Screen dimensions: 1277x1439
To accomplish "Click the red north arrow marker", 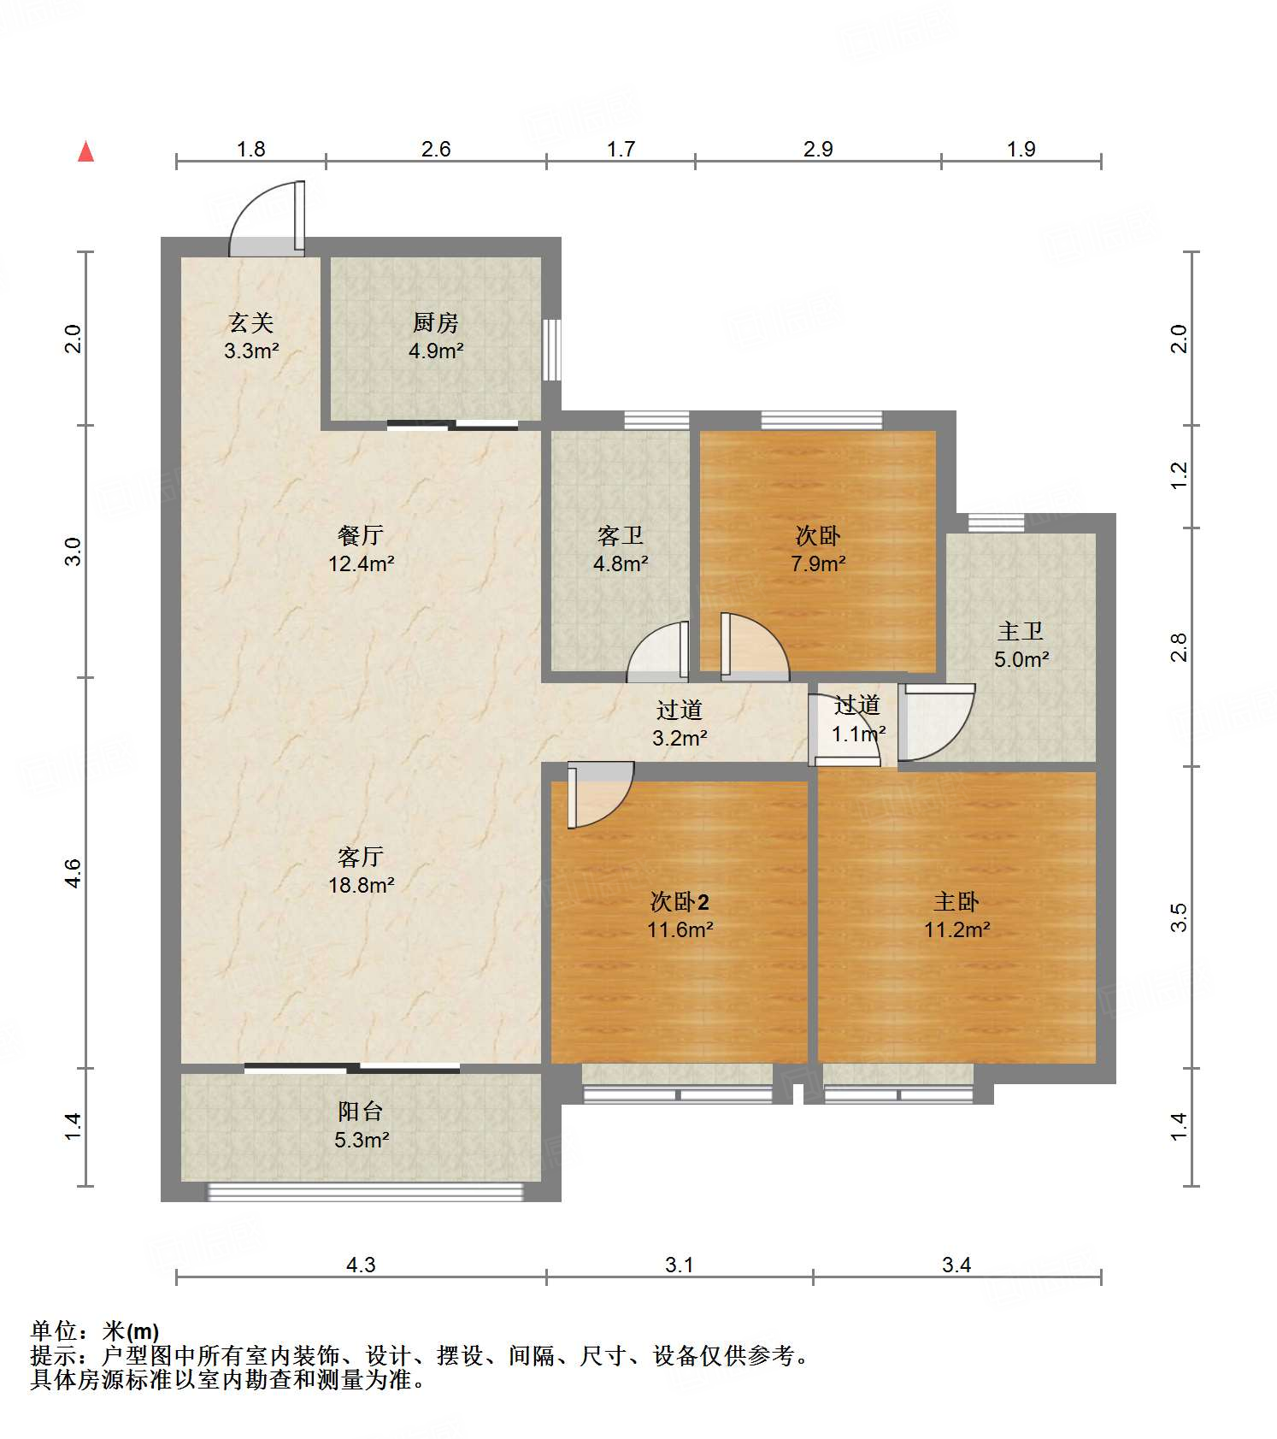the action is pyautogui.click(x=85, y=151).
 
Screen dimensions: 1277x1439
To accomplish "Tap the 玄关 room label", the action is pyautogui.click(x=251, y=322).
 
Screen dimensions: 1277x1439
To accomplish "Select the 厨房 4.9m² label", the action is pyautogui.click(x=436, y=336).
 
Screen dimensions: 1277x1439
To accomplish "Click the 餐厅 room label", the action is pyautogui.click(x=361, y=535).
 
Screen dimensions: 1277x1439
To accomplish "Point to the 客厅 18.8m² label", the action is pyautogui.click(x=361, y=870).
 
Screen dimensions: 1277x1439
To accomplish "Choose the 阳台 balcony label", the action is pyautogui.click(x=361, y=1111).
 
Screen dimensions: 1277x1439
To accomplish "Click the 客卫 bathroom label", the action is pyautogui.click(x=621, y=535).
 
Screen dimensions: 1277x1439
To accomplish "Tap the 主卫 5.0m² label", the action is pyautogui.click(x=1021, y=645).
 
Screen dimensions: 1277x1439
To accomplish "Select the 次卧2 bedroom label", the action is pyautogui.click(x=680, y=901).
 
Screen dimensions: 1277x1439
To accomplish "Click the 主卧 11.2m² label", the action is pyautogui.click(x=956, y=915).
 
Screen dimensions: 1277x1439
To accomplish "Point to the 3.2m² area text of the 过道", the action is pyautogui.click(x=680, y=738).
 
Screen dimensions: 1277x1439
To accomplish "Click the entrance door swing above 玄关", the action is pyautogui.click(x=267, y=219).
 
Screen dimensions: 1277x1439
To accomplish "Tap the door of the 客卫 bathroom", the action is pyautogui.click(x=658, y=652).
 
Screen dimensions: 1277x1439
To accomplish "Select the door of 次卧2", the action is pyautogui.click(x=600, y=795).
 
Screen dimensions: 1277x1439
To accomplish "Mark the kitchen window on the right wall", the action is pyautogui.click(x=552, y=350).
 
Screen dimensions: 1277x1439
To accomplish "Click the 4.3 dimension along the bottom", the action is pyautogui.click(x=361, y=1264).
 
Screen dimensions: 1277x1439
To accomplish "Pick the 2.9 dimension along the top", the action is pyautogui.click(x=818, y=149).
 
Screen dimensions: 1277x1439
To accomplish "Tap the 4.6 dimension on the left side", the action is pyautogui.click(x=73, y=873).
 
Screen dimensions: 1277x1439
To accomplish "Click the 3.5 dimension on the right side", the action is pyautogui.click(x=1179, y=917).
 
